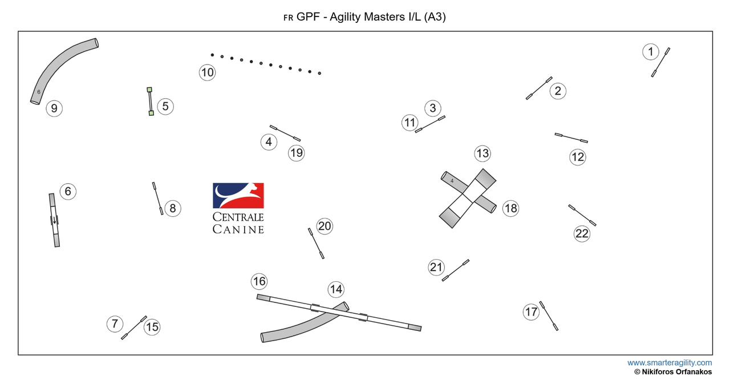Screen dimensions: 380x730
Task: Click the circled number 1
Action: coord(650,52)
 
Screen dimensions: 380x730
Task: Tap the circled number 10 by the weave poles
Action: coord(207,72)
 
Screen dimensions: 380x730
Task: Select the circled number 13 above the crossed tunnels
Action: coord(482,153)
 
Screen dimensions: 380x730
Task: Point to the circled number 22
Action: coord(582,233)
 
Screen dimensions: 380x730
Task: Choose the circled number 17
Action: coord(531,312)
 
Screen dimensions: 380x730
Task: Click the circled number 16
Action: coord(259,281)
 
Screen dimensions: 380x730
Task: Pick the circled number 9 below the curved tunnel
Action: coord(54,108)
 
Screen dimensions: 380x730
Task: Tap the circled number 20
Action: coord(325,227)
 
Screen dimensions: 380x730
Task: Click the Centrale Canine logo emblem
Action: coord(238,196)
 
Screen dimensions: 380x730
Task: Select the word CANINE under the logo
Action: coord(238,229)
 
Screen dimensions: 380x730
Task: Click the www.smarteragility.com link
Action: coord(670,363)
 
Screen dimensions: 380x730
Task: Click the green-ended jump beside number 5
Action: coord(150,102)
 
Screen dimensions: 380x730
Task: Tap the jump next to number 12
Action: coord(571,138)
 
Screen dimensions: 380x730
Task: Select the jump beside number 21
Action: coord(456,270)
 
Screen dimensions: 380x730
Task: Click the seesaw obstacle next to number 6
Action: coord(54,220)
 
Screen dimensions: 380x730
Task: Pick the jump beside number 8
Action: coord(157,198)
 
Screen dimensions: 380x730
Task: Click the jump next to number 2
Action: coord(539,88)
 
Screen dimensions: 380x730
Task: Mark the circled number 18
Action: coord(510,208)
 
